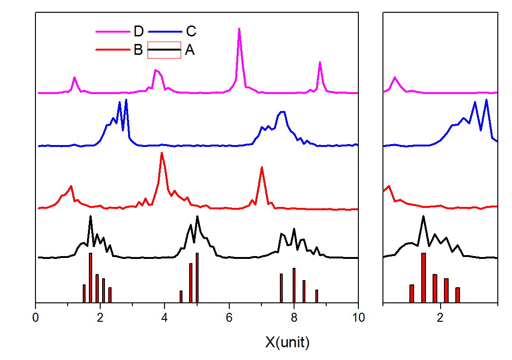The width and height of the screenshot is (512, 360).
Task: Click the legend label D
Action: coord(139,32)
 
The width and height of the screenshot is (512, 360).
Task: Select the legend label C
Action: coord(191,32)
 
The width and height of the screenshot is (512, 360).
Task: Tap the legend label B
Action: coord(138,50)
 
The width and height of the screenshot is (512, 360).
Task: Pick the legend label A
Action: coord(190,50)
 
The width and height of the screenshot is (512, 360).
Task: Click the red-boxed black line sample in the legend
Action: coord(165,50)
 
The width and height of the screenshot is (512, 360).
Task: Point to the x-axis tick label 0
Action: coord(35,317)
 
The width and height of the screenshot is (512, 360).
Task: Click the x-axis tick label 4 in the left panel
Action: coord(165,317)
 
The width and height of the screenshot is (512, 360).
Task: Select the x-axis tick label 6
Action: coord(229,317)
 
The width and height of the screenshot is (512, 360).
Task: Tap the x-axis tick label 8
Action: coord(294,317)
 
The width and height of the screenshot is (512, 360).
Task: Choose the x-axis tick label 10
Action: coord(358,317)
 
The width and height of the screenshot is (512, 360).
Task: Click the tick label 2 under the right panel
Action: coord(440,317)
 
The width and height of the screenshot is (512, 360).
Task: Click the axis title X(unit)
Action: coord(287,342)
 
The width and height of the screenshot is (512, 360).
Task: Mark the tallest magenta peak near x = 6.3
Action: coord(239,29)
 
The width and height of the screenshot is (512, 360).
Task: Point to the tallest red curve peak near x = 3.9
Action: coord(162,153)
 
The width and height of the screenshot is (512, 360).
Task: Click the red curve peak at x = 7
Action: coord(261,168)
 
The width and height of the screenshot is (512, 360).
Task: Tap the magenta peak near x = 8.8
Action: coord(320,62)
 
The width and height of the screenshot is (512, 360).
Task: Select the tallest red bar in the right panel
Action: coord(424,277)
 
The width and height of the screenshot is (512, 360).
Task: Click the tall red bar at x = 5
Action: coord(197,277)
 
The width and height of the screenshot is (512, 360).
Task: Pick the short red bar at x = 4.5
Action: coord(181,296)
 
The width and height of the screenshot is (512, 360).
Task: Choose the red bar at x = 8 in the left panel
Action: coord(294,285)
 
